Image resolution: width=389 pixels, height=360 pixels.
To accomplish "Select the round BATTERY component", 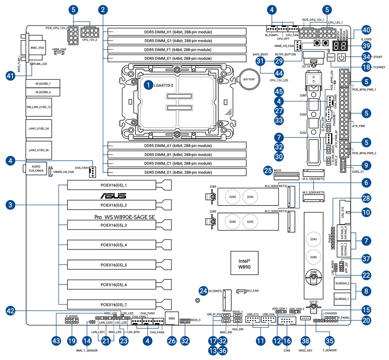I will (249, 80).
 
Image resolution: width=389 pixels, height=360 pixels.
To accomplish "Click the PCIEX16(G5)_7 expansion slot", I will (114, 305).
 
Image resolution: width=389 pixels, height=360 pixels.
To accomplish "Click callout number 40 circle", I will (366, 30).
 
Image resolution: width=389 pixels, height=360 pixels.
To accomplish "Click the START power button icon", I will (341, 57).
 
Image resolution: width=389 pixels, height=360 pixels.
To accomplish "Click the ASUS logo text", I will (114, 196).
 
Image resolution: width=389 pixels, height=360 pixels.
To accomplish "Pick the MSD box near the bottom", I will (172, 318).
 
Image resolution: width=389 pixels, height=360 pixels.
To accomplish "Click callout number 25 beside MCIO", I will (267, 170).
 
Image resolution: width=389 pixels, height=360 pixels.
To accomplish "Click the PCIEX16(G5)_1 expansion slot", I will (114, 186).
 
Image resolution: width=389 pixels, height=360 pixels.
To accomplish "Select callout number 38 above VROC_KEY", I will (305, 340).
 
